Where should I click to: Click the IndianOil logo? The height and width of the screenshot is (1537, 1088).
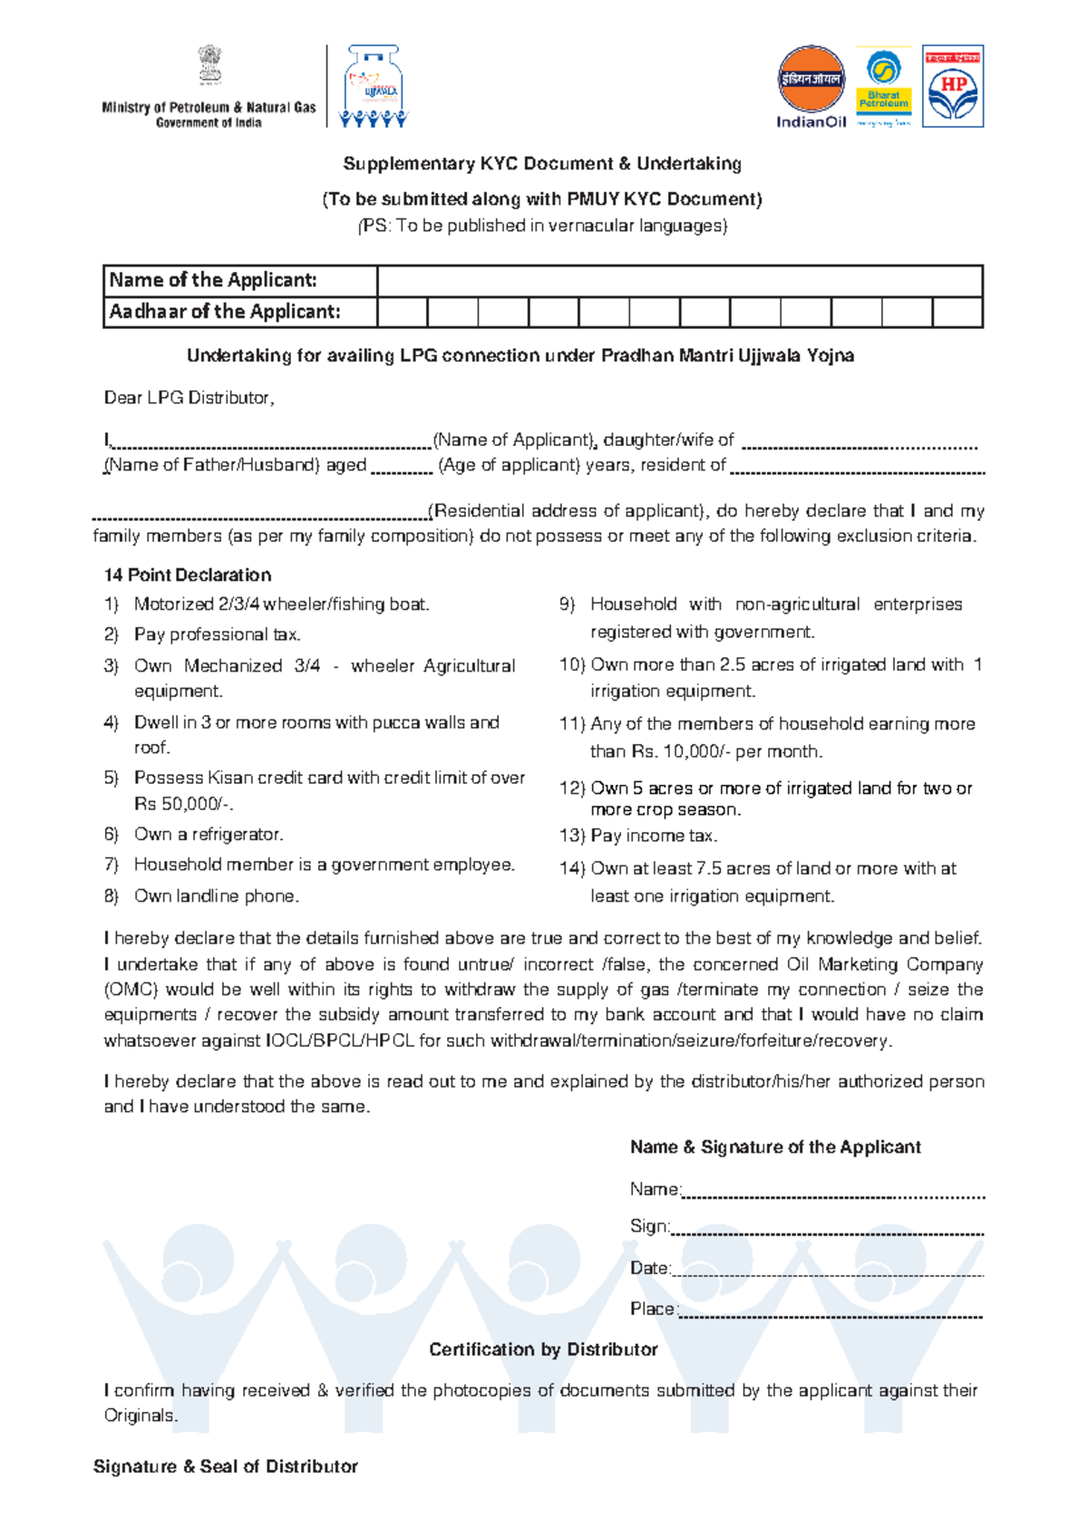[811, 87]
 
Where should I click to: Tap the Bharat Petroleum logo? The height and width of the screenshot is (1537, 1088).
[883, 87]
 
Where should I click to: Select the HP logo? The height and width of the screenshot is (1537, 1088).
[953, 87]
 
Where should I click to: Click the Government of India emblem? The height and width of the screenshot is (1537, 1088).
[209, 66]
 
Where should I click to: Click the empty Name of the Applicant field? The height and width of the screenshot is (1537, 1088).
[679, 281]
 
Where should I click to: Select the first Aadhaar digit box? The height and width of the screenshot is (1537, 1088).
[402, 313]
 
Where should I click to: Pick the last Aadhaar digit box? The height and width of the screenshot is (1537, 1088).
[957, 313]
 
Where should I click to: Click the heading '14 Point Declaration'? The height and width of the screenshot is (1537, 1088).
[188, 575]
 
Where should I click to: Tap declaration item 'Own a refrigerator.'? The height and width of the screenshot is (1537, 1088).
[209, 834]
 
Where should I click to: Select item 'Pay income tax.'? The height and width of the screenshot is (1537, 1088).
[653, 836]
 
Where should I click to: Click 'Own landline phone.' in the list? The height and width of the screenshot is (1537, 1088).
[216, 895]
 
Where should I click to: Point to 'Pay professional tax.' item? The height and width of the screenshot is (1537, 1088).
[217, 634]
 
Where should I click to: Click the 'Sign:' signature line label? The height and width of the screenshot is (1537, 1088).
[649, 1226]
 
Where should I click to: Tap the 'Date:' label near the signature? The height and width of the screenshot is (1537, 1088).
[650, 1268]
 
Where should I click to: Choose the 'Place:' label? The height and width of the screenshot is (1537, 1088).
[653, 1309]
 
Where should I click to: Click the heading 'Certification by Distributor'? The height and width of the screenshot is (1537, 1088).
[543, 1349]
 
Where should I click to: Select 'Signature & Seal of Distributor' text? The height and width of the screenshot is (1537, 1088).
[226, 1466]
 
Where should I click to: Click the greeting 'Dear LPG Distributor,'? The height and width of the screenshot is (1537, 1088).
[189, 398]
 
